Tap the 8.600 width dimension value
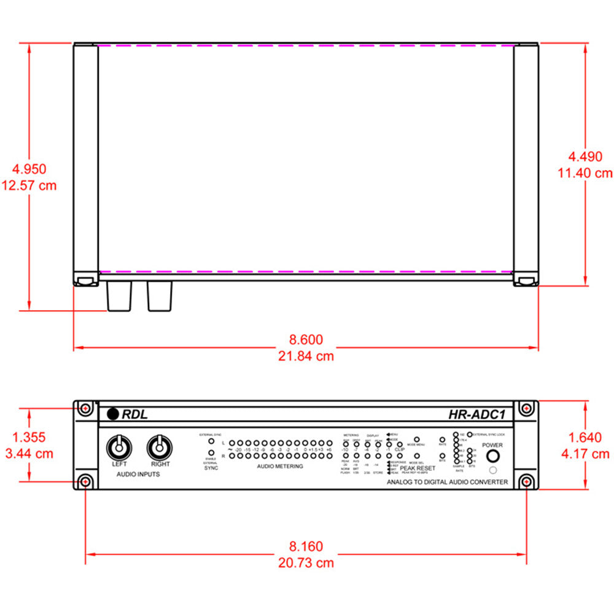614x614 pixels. click(x=306, y=340)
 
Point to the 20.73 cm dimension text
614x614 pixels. click(x=306, y=562)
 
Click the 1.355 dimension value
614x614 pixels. click(x=28, y=437)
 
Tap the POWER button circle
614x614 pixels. click(x=492, y=456)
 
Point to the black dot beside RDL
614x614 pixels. click(x=112, y=414)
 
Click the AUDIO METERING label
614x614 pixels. click(x=279, y=467)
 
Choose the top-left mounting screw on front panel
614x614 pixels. click(x=85, y=408)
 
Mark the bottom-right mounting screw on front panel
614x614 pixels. click(x=526, y=481)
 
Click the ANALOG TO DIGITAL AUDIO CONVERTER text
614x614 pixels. click(x=447, y=483)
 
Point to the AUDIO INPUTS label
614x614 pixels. click(x=139, y=475)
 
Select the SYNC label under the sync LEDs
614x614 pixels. click(x=211, y=468)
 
